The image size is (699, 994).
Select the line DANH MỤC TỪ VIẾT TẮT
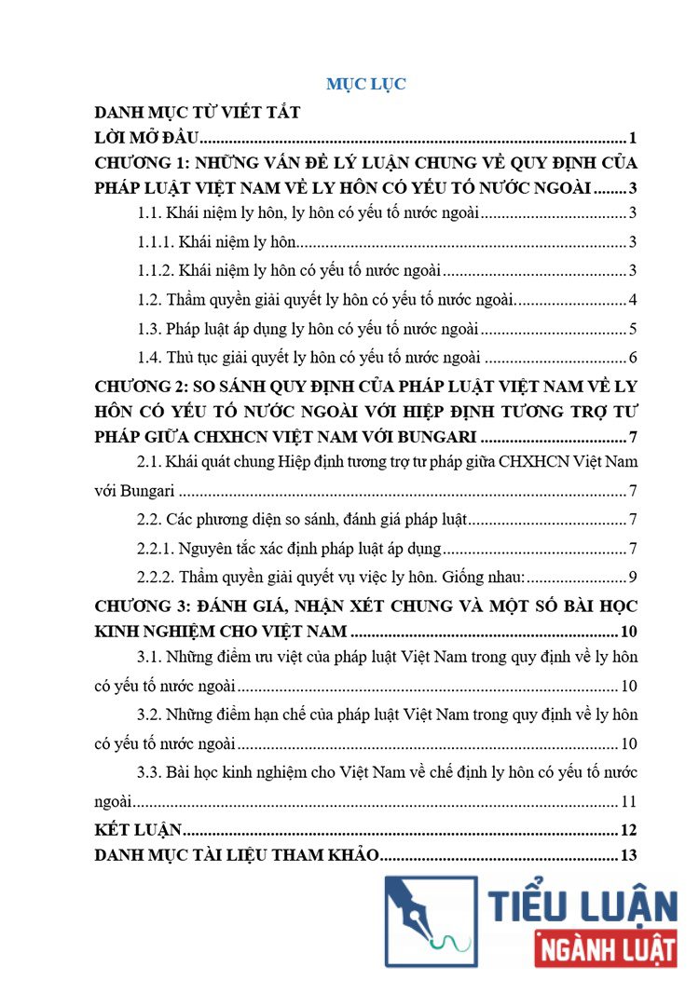point(198,114)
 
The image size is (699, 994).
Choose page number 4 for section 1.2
point(632,301)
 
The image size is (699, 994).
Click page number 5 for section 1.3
point(632,330)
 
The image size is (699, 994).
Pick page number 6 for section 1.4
point(632,359)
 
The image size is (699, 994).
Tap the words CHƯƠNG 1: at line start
point(143,162)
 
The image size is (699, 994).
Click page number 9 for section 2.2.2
point(632,578)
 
